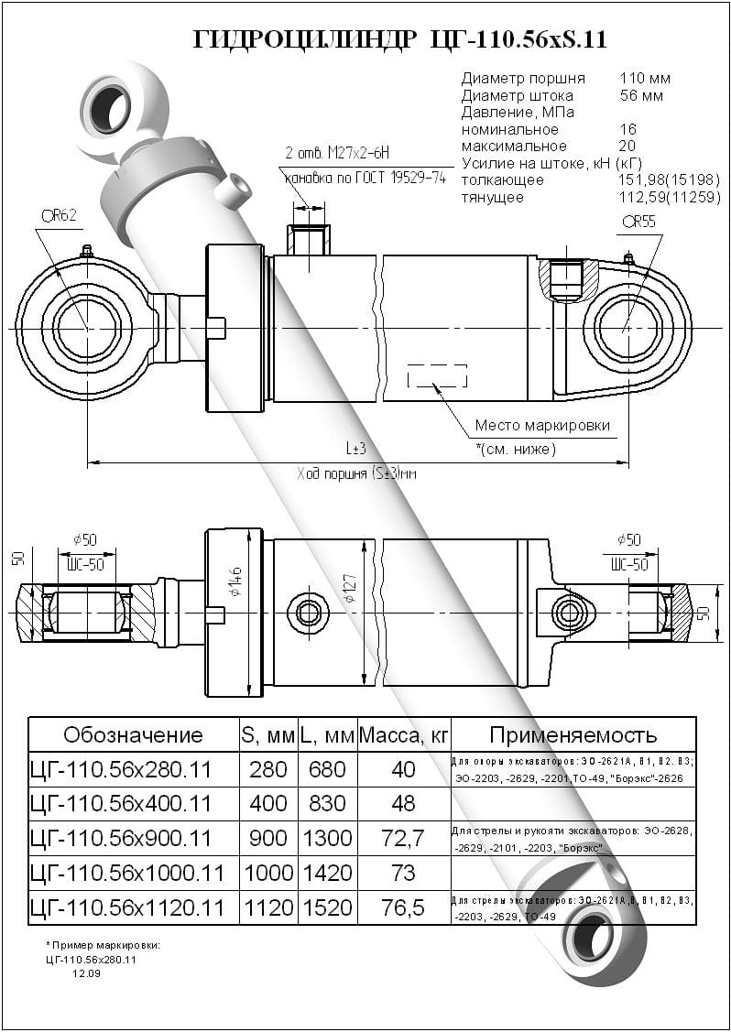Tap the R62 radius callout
59,216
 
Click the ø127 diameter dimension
352,592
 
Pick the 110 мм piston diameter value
645,79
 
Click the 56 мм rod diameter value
641,95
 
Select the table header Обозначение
133,735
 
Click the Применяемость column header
573,735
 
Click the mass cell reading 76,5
403,907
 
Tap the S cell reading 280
268,770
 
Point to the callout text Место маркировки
542,426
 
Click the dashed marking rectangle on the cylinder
437,375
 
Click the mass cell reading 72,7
403,839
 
